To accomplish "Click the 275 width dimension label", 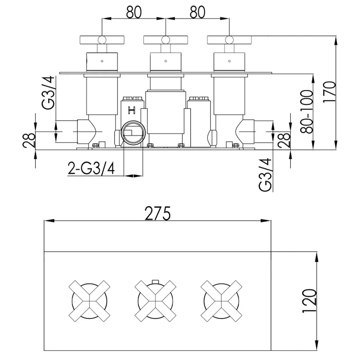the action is click(x=158, y=213).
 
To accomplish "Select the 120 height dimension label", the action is click(x=309, y=301).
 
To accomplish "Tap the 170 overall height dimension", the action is click(x=329, y=91).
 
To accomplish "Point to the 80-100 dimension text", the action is click(x=307, y=112).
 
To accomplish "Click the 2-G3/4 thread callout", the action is click(x=91, y=168).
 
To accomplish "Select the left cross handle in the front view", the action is click(x=89, y=301).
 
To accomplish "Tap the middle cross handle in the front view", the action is click(x=156, y=301).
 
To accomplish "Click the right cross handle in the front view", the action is click(x=221, y=301).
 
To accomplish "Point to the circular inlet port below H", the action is click(x=134, y=133).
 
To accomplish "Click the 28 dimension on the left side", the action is click(x=29, y=140).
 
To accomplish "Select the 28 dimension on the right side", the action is click(x=284, y=140).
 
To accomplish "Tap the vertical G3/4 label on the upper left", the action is click(x=48, y=93).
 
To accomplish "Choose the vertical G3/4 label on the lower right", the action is click(x=265, y=175).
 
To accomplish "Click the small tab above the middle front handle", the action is click(x=156, y=282).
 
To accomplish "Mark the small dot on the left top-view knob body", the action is click(x=102, y=61).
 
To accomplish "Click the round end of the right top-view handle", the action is click(x=229, y=40).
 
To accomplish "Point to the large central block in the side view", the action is click(x=165, y=112).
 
